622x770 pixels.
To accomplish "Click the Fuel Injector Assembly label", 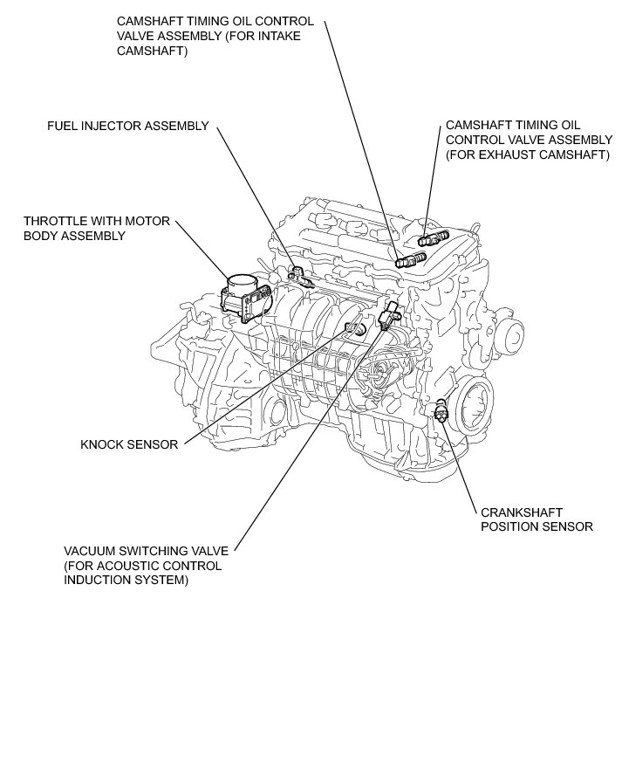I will [x=127, y=126].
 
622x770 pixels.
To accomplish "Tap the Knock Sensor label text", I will [x=129, y=444].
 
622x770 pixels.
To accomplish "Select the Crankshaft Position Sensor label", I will [x=537, y=519].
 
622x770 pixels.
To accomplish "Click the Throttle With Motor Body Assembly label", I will [x=96, y=229].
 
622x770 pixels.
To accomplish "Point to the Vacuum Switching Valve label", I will [x=146, y=565].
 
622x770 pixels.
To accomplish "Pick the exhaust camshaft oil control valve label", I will [x=529, y=140].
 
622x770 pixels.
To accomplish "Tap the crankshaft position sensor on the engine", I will [x=443, y=409].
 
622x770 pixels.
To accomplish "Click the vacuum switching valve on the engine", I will [x=387, y=314].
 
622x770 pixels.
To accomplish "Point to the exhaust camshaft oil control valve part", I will [x=432, y=237].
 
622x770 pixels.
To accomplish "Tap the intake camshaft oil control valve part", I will [x=409, y=258].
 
